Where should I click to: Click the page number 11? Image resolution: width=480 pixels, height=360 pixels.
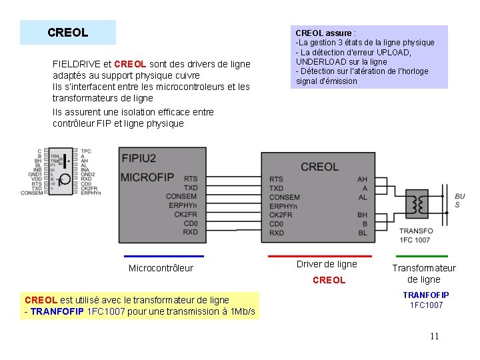(434, 336)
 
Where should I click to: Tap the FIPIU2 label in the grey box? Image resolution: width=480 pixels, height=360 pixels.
(139, 158)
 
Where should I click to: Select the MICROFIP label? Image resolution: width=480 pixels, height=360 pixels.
(147, 177)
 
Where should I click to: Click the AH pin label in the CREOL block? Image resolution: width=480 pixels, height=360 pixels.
(363, 179)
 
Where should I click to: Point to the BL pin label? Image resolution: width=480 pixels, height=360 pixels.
(363, 233)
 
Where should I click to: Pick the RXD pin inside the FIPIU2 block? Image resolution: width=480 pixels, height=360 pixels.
(190, 233)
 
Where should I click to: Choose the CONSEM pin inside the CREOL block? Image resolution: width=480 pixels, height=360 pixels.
(284, 197)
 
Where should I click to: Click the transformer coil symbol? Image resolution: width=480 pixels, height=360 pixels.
(418, 205)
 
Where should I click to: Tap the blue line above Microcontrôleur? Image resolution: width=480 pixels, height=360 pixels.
(164, 256)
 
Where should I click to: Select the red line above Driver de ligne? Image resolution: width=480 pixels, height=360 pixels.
(319, 256)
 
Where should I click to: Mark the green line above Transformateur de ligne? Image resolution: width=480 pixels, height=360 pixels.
(422, 256)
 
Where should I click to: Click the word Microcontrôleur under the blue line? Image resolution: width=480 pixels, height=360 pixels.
(161, 268)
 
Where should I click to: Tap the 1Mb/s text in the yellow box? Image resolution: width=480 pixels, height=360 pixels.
(241, 311)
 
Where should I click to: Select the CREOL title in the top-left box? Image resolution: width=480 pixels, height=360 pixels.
(68, 32)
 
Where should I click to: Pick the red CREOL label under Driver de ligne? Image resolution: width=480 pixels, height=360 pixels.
(329, 280)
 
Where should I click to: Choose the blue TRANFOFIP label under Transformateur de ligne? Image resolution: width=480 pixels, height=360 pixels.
(425, 295)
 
